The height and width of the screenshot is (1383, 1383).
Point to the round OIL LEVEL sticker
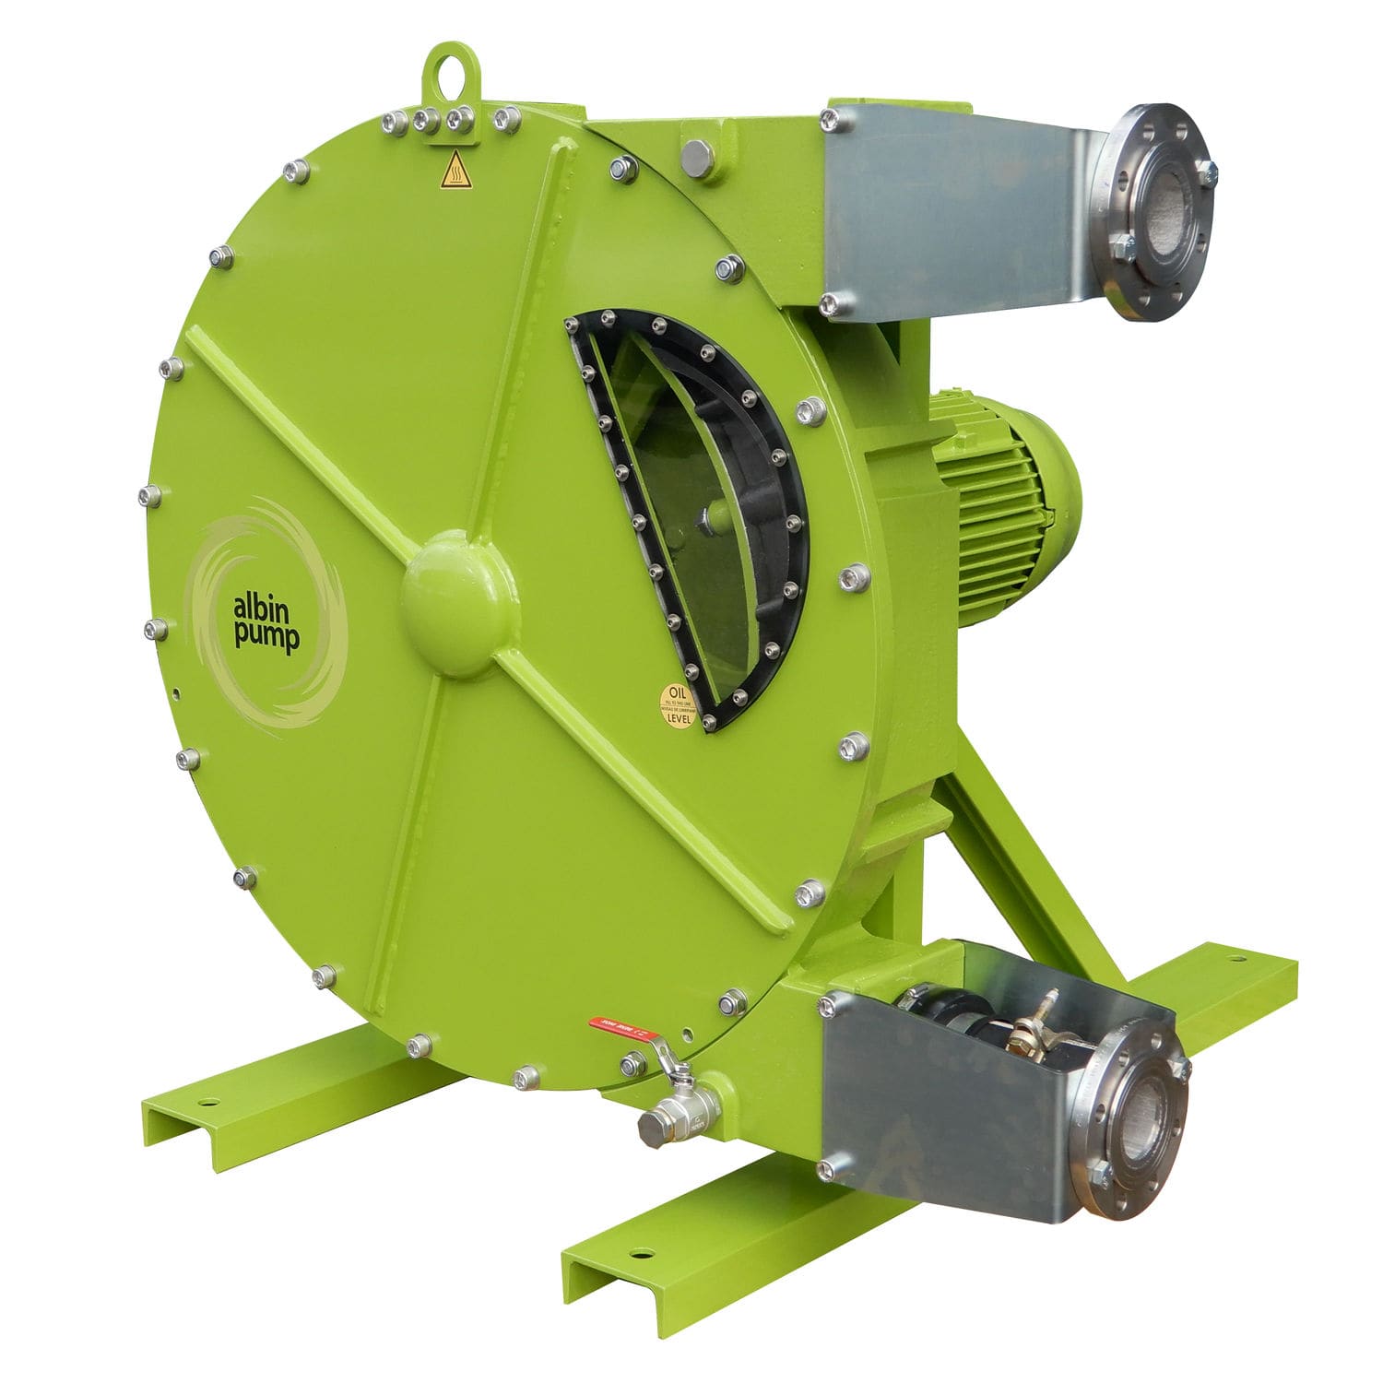678,705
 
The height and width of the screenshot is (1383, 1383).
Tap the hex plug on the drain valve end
653,1127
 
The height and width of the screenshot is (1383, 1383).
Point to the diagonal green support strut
1023,867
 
